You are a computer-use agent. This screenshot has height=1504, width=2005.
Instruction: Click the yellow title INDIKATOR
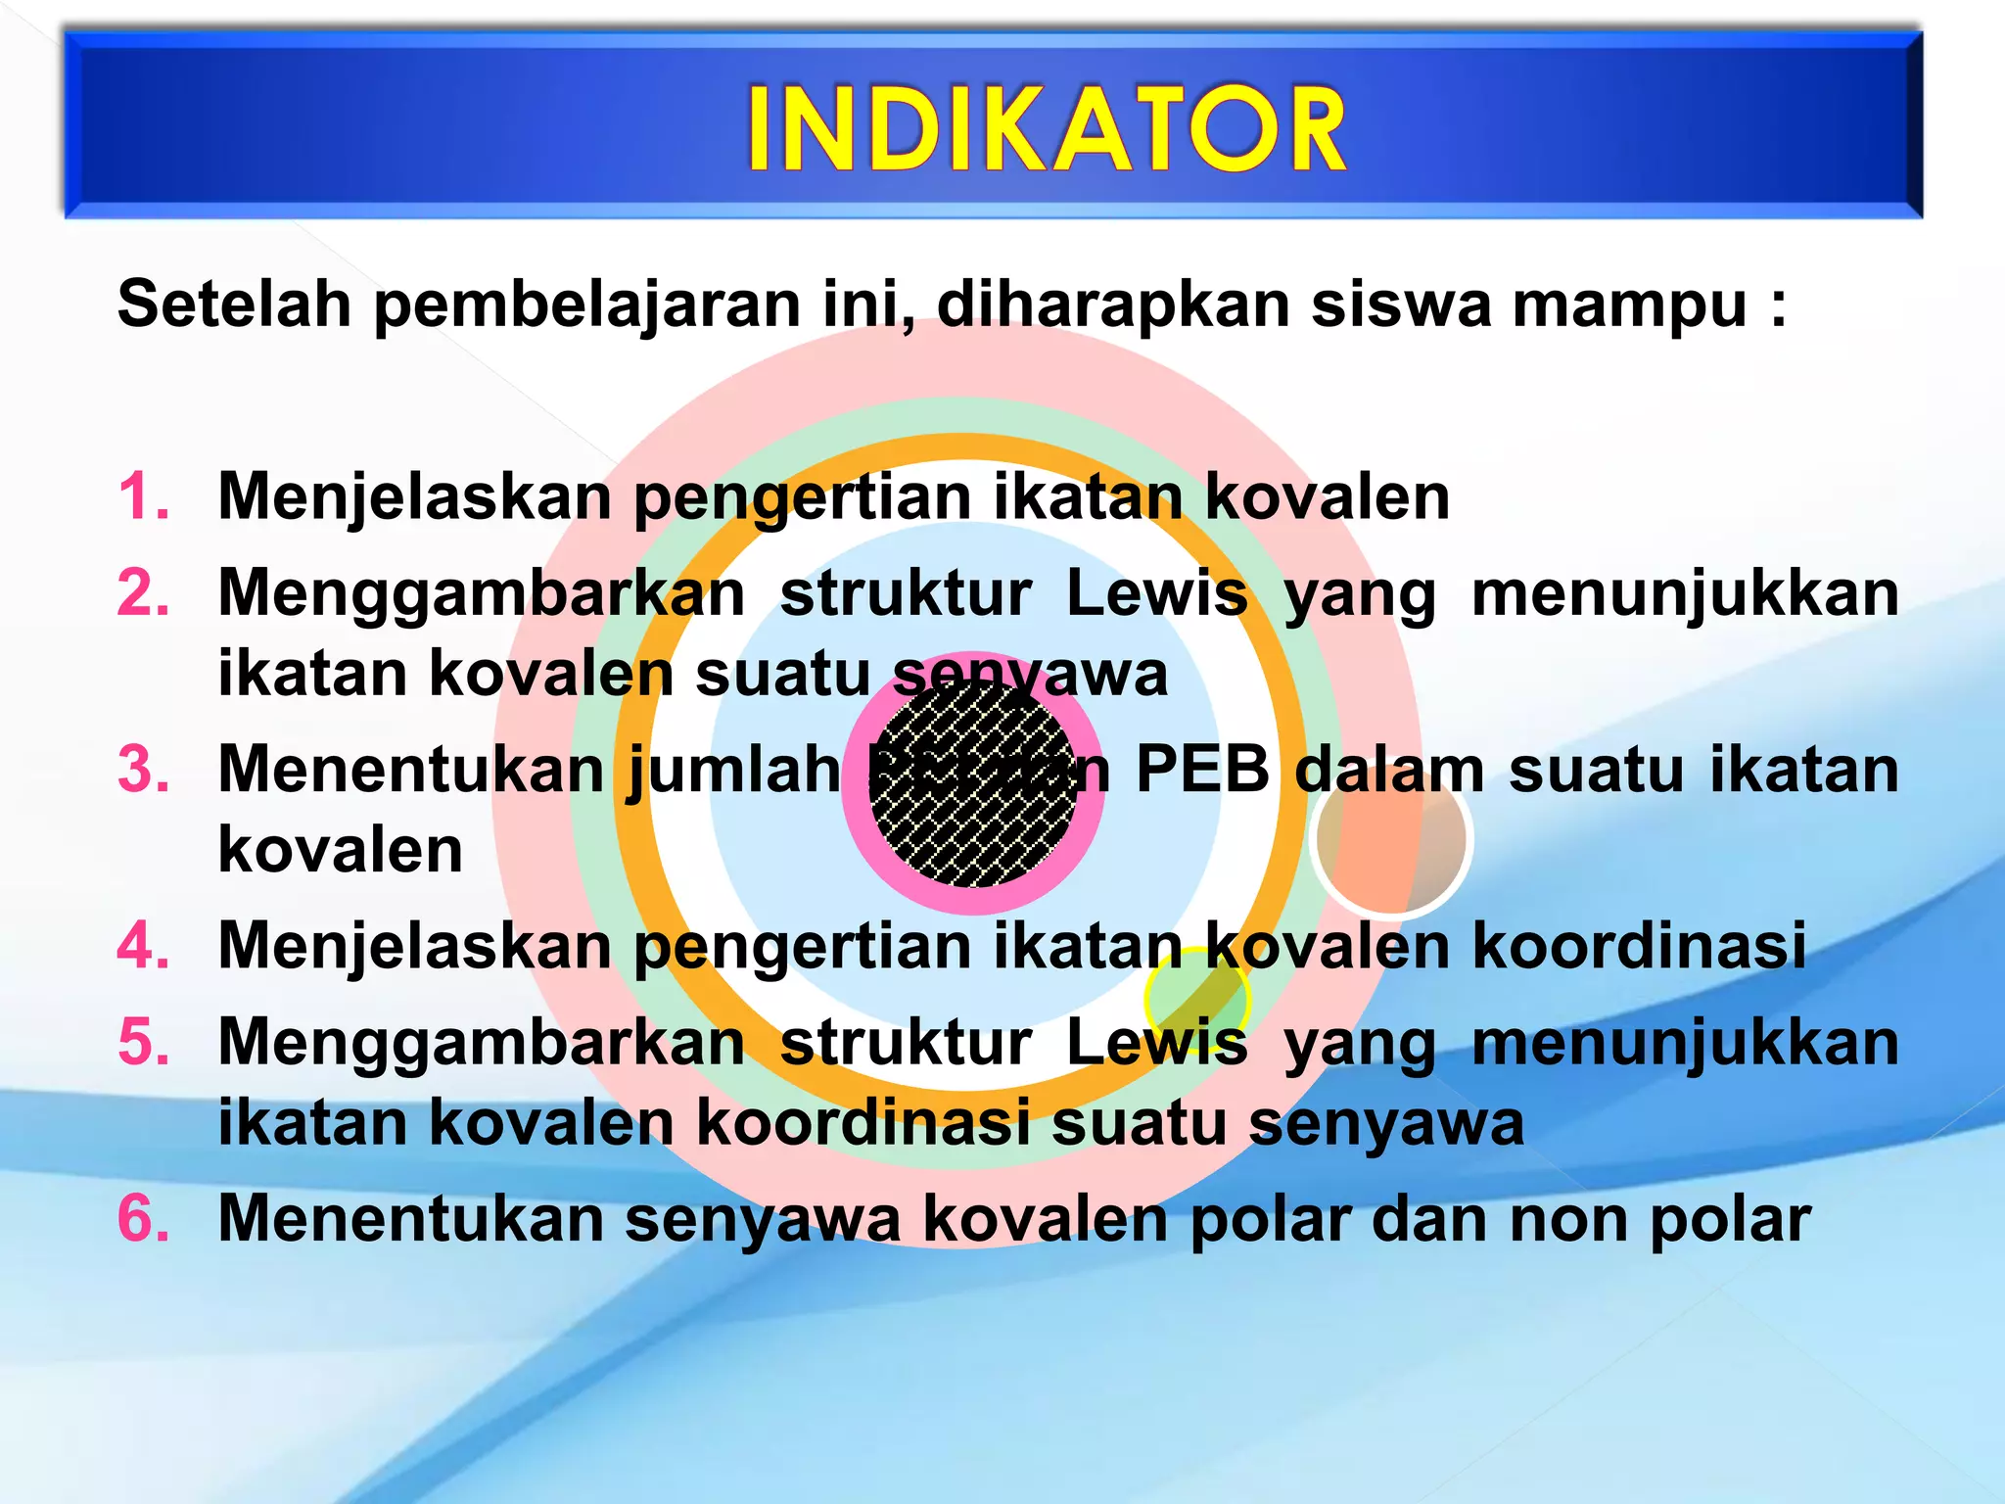click(x=1046, y=129)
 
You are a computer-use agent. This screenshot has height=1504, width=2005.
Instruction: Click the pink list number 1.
click(x=143, y=496)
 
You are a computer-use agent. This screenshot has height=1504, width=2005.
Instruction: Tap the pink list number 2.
click(x=143, y=593)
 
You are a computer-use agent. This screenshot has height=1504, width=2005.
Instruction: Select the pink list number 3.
click(x=143, y=769)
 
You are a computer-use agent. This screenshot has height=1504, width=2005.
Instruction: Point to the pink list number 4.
click(x=143, y=945)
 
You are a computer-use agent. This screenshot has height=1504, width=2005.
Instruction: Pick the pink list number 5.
click(x=143, y=1041)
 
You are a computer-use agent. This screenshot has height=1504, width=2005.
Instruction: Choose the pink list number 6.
click(x=143, y=1218)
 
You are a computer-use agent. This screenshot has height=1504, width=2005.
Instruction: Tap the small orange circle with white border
click(x=1390, y=840)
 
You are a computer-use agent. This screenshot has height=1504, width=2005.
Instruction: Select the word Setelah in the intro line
click(x=234, y=304)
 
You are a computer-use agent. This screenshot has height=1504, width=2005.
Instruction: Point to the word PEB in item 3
click(x=1202, y=770)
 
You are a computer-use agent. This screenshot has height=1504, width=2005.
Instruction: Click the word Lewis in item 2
click(x=1156, y=593)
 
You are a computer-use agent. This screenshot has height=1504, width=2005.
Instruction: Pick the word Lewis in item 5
click(x=1156, y=1041)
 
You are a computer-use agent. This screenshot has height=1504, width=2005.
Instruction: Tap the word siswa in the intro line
click(x=1400, y=304)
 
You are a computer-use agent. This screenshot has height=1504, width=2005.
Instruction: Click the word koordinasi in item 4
click(x=1639, y=945)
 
